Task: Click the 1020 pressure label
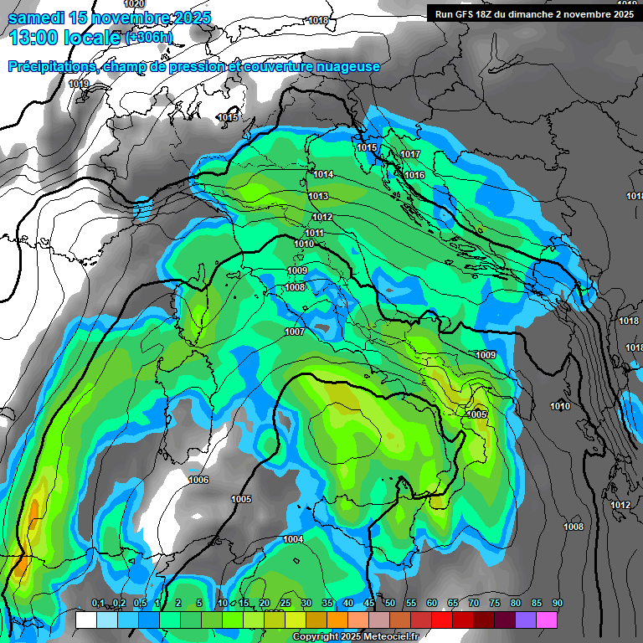134,4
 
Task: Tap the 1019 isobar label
79,84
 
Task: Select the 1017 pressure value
409,155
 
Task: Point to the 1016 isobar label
414,175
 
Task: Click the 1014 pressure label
324,174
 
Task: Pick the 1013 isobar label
318,196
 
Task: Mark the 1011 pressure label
314,233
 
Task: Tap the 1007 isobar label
294,332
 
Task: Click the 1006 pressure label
198,480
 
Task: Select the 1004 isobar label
293,539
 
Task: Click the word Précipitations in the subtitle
52,67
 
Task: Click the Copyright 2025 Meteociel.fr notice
355,636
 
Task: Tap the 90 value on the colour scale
557,604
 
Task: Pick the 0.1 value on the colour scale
98,604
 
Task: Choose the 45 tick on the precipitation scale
369,604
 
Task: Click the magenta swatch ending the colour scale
547,620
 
